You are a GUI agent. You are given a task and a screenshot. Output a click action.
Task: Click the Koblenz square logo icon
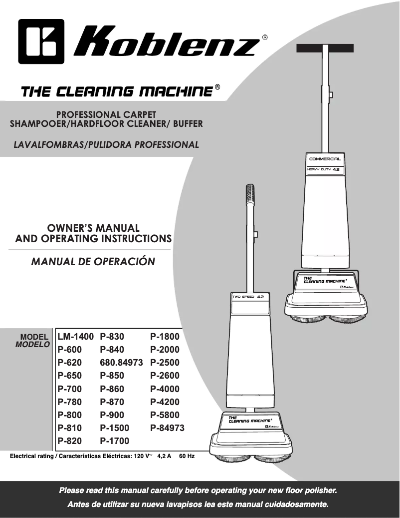(41, 41)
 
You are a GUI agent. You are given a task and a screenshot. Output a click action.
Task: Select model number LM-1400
(76, 336)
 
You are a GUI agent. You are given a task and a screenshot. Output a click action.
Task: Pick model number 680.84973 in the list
(122, 363)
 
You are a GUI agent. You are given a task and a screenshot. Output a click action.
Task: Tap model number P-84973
(167, 428)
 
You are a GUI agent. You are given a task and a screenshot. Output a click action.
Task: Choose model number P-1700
(115, 441)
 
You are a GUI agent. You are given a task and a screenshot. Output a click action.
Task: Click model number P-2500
(165, 363)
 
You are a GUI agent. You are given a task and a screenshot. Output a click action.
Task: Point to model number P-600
(69, 350)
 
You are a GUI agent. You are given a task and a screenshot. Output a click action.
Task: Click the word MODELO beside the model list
(32, 345)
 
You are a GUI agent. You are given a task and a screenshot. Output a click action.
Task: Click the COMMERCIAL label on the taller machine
(325, 159)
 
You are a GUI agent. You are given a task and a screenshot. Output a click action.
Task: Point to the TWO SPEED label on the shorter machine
(243, 297)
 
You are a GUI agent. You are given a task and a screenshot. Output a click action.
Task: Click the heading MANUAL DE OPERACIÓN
(93, 261)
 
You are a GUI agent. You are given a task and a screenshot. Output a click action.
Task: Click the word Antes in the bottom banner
(78, 504)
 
